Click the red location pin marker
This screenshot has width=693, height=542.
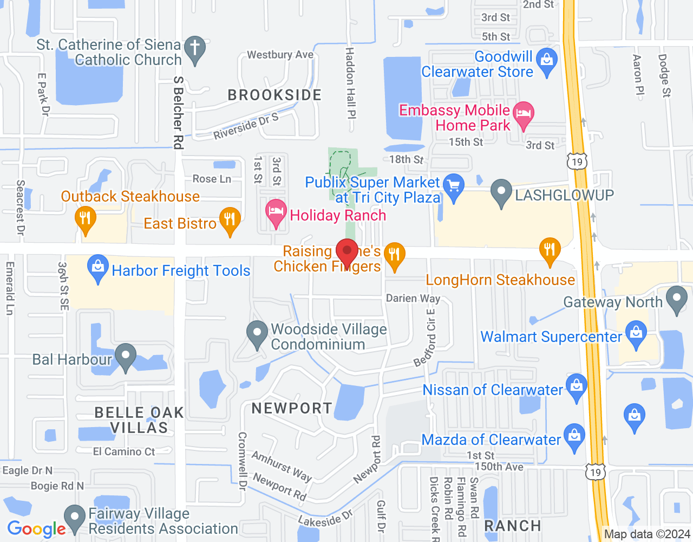coord(347,251)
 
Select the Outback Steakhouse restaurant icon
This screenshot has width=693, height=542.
coord(85,218)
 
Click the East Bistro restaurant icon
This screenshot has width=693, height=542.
coord(230,220)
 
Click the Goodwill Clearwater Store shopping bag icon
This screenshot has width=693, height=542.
coord(547,60)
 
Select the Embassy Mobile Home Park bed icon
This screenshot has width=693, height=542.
coord(524,114)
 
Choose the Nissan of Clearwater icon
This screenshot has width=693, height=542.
coord(576,386)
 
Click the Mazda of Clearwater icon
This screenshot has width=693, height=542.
coord(574,436)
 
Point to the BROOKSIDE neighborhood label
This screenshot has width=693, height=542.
coord(274,95)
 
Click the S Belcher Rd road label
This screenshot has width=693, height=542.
coord(178,112)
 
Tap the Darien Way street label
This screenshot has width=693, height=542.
coord(413,299)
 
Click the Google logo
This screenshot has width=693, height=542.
coord(37,529)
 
